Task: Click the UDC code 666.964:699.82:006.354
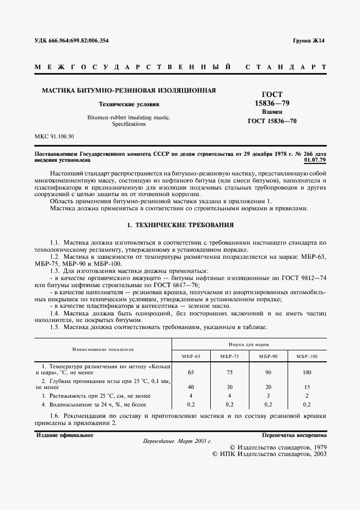79,41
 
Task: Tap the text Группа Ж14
308,41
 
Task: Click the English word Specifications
129,124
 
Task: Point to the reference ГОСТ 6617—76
179,284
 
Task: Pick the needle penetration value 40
191,386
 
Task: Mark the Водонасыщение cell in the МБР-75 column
230,404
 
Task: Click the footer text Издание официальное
64,435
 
